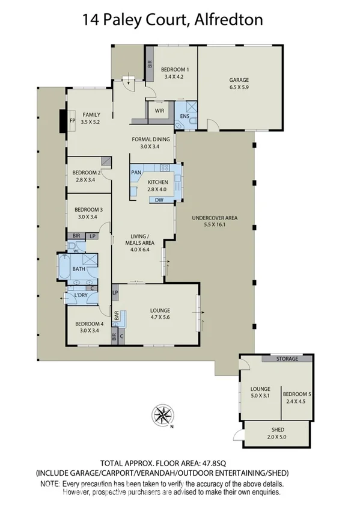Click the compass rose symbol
[x=162, y=414]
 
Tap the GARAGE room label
[x=239, y=80]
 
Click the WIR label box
[x=159, y=111]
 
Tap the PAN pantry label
[x=136, y=172]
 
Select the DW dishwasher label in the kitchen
[x=159, y=200]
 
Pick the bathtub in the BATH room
[x=64, y=266]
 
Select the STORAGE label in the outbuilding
[x=287, y=359]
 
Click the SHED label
[x=277, y=429]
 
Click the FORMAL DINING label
[x=151, y=139]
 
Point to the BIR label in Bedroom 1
[x=150, y=63]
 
